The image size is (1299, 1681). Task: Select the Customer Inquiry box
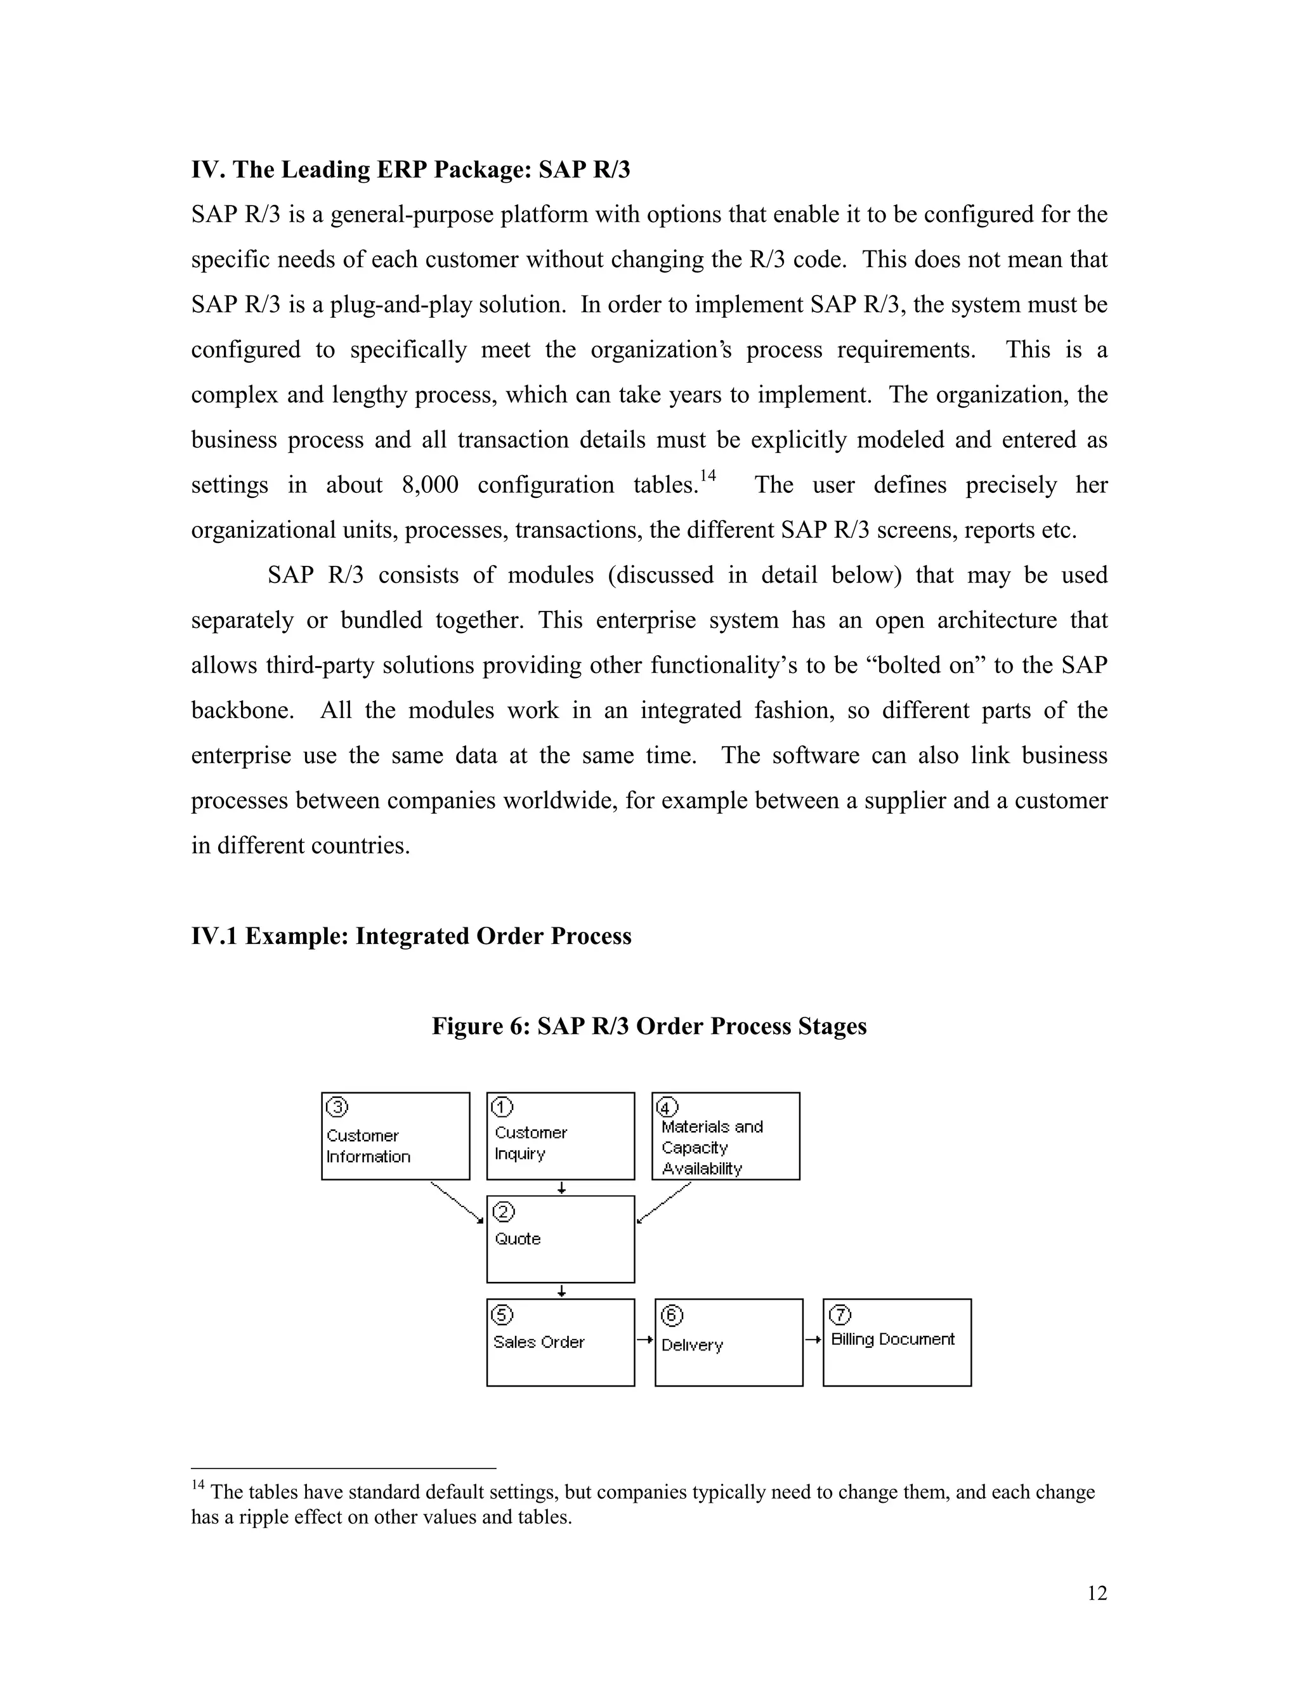point(560,1135)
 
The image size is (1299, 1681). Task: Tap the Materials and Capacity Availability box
point(725,1135)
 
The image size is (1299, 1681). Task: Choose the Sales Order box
point(560,1342)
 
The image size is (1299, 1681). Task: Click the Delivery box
point(728,1342)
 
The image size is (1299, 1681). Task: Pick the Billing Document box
point(896,1342)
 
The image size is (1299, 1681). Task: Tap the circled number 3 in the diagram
point(337,1108)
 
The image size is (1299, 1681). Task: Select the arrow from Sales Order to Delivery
point(644,1340)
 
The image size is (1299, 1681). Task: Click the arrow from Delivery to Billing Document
point(813,1340)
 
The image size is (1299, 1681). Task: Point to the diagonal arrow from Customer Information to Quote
point(457,1202)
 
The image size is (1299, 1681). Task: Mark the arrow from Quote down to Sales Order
point(562,1291)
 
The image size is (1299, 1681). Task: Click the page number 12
point(1097,1593)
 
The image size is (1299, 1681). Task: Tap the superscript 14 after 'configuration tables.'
point(708,476)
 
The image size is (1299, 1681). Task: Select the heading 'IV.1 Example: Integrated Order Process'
point(411,936)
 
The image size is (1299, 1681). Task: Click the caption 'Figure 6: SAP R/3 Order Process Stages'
point(649,1026)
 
